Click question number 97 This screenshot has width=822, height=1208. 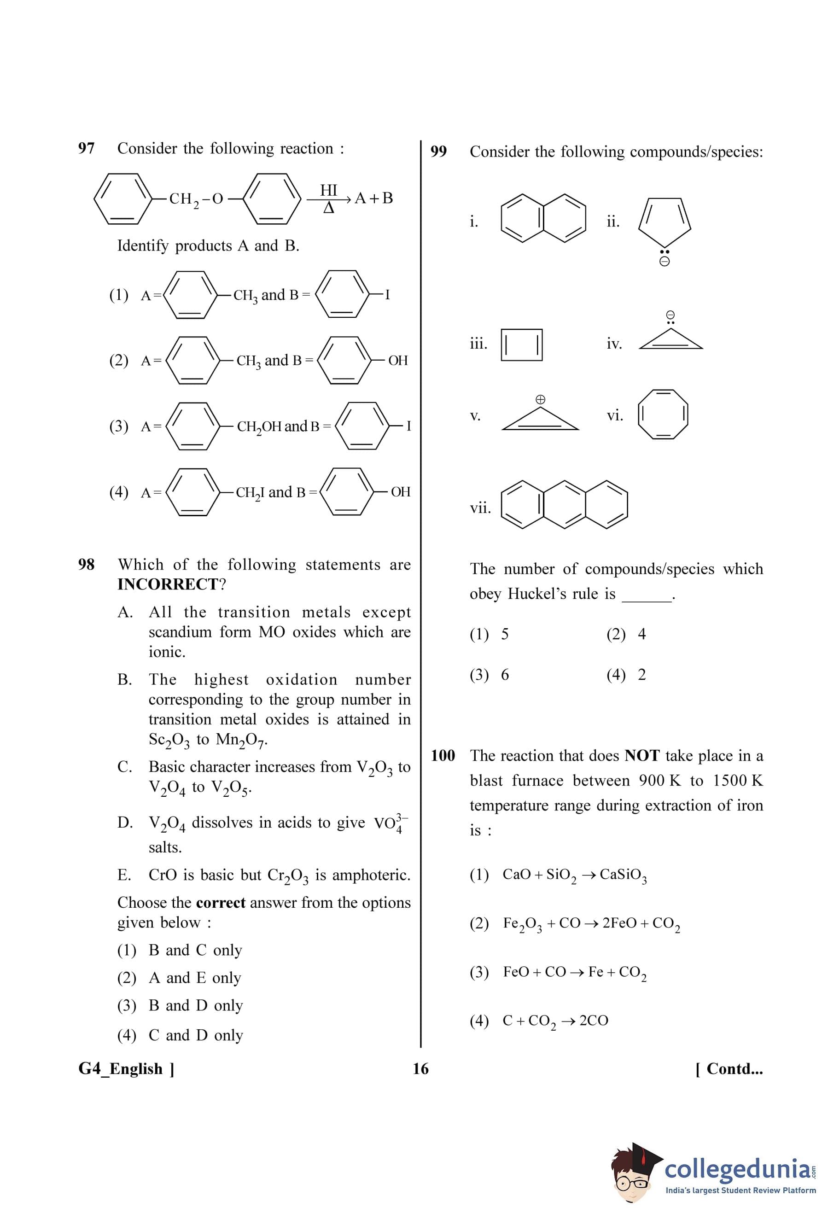86,149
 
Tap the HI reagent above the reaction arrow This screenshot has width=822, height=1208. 328,190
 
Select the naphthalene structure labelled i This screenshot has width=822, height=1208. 543,218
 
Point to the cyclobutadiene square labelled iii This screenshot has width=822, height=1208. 522,344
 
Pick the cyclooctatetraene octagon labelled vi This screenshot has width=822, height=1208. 663,414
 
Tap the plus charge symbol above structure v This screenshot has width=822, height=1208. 540,399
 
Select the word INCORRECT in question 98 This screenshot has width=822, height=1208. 168,584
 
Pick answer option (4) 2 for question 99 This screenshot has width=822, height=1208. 626,675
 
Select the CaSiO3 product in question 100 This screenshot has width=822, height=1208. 623,875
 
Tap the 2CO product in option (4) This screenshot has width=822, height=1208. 594,1021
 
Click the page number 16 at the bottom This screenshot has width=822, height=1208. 420,1069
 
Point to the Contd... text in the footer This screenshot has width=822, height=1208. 729,1069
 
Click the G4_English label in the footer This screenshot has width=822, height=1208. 126,1069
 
